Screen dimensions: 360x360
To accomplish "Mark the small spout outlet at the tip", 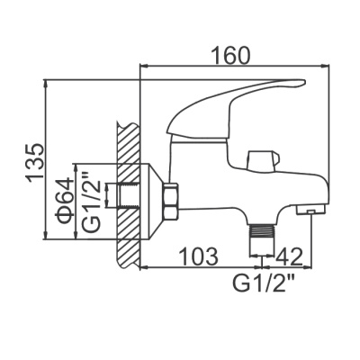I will coord(306,211).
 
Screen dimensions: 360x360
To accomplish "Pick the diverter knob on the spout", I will coord(260,159).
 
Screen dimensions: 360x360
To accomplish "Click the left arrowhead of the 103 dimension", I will coord(145,267).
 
